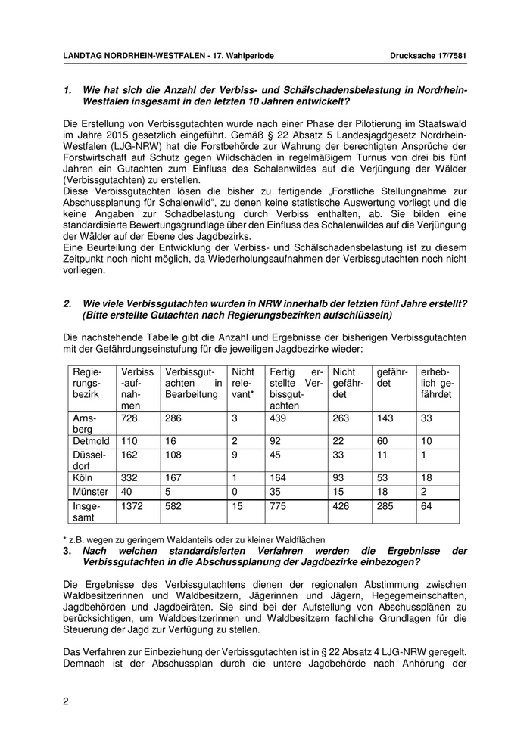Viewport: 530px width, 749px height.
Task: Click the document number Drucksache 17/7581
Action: pos(429,56)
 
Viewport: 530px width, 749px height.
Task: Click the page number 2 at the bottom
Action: pos(66,701)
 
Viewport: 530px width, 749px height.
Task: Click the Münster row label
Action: pos(90,491)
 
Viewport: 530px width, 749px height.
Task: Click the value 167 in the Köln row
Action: pos(173,478)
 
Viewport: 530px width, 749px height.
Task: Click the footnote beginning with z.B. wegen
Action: pos(195,540)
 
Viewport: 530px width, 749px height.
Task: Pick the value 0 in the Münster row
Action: pos(235,491)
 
